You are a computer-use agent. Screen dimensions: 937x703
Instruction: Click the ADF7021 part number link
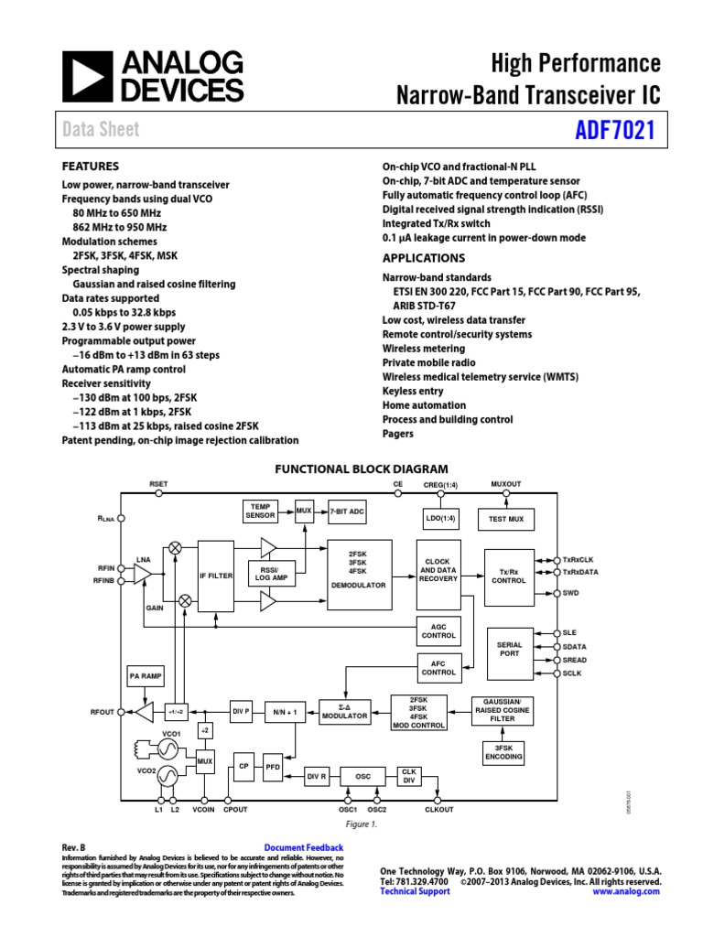point(614,130)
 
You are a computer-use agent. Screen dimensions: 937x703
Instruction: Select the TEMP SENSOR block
point(260,511)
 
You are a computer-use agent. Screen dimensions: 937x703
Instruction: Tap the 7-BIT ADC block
point(347,512)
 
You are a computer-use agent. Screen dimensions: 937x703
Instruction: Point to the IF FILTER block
point(216,576)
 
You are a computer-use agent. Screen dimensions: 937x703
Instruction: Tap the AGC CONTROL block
point(438,630)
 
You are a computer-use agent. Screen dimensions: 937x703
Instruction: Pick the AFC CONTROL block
point(438,667)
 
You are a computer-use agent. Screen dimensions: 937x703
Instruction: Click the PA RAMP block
point(145,676)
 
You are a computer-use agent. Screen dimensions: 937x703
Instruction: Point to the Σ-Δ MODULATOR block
point(342,711)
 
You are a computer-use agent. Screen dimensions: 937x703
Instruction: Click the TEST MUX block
point(506,519)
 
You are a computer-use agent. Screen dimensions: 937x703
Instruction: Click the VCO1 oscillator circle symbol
point(168,749)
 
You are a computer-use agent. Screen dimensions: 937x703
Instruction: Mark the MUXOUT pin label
point(505,483)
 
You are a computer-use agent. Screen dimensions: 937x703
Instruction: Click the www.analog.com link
point(626,891)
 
